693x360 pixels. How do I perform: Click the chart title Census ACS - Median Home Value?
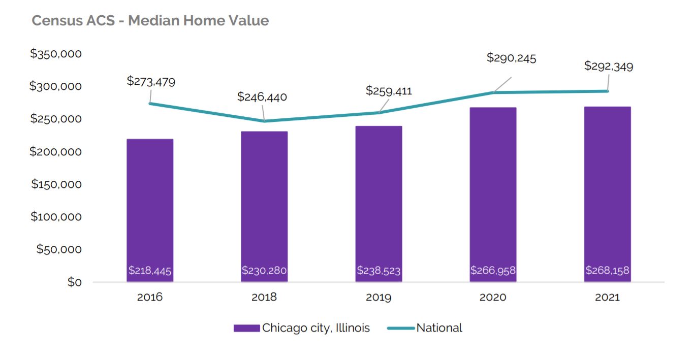coord(150,21)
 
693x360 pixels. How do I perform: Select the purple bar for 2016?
coord(150,203)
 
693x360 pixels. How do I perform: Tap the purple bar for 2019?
coord(379,198)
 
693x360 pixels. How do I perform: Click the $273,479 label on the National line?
coord(151,81)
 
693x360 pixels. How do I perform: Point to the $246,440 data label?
coord(262,96)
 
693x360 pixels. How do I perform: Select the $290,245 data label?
coord(511,58)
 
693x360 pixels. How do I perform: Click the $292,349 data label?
coord(609,66)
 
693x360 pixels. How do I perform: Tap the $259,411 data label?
coord(389,91)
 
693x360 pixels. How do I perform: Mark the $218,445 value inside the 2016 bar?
coord(150,271)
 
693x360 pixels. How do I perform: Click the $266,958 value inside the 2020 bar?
coord(493,271)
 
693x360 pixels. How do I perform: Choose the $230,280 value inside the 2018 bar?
coord(264,271)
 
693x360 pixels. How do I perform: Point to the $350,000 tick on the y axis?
coord(56,54)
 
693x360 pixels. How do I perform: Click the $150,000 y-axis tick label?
coord(56,184)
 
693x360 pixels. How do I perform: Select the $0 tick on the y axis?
coord(74,282)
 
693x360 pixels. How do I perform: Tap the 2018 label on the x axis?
coord(264,298)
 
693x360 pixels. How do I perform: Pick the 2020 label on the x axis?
coord(493,298)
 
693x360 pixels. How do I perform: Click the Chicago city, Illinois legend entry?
coord(302,328)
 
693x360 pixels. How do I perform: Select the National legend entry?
coord(425,328)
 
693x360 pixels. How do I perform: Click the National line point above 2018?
coord(264,121)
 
